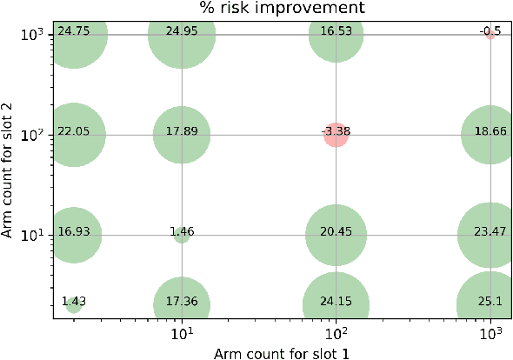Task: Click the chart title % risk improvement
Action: [281, 9]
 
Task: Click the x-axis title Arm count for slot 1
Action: [281, 351]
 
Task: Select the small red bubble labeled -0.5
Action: [490, 34]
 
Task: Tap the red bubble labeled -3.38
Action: [336, 135]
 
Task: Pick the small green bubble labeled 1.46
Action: [181, 235]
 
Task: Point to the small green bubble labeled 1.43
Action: [74, 305]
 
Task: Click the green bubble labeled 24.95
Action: [181, 35]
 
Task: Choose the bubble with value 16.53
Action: [336, 35]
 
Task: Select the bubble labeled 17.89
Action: [181, 135]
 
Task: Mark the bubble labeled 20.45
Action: [336, 235]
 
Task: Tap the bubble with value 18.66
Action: [490, 135]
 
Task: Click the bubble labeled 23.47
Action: [490, 235]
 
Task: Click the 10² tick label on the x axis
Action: [336, 334]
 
